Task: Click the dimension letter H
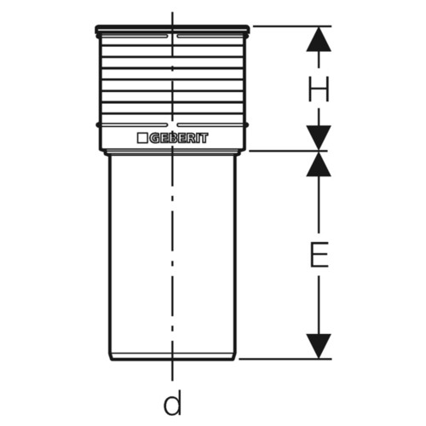coord(319,89)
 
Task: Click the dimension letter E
coord(319,255)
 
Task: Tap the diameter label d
coord(172,402)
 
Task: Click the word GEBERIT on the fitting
coord(179,138)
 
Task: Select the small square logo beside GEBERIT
coord(142,138)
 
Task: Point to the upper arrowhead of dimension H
coord(319,39)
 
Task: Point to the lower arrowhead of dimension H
coord(319,138)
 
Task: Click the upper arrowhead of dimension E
coord(319,164)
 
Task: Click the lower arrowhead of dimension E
coord(319,346)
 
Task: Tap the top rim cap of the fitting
coord(172,29)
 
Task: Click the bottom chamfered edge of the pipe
coord(172,357)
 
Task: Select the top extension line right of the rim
coord(292,26)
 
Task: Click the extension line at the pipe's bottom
coord(285,359)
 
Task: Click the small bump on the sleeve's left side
coord(98,124)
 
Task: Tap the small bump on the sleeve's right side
coord(247,124)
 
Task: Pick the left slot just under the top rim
coord(135,37)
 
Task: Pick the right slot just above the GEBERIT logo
coord(210,124)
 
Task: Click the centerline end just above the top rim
coord(172,19)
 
